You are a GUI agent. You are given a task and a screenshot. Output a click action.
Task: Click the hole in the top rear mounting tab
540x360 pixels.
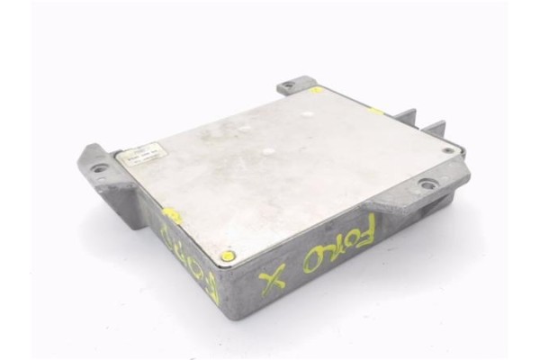pyautogui.click(x=288, y=87)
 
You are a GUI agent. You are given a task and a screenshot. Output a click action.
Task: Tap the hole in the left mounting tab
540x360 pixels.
pyautogui.click(x=98, y=168)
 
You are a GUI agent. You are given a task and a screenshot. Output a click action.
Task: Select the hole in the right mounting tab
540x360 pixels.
pyautogui.click(x=428, y=184)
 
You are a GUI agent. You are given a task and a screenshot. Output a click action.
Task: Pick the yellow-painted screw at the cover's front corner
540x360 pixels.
pyautogui.click(x=228, y=256)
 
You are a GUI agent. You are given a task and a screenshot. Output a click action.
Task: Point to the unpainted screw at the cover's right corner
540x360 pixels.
pyautogui.click(x=447, y=150)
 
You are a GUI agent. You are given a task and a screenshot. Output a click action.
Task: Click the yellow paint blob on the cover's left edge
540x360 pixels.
pyautogui.click(x=170, y=216)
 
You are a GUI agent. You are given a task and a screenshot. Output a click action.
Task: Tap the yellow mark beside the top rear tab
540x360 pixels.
pyautogui.click(x=317, y=90)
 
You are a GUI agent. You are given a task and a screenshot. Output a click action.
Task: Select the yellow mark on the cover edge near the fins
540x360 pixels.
pyautogui.click(x=376, y=112)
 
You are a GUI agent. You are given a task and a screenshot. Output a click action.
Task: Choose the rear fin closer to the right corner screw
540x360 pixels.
pyautogui.click(x=436, y=129)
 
